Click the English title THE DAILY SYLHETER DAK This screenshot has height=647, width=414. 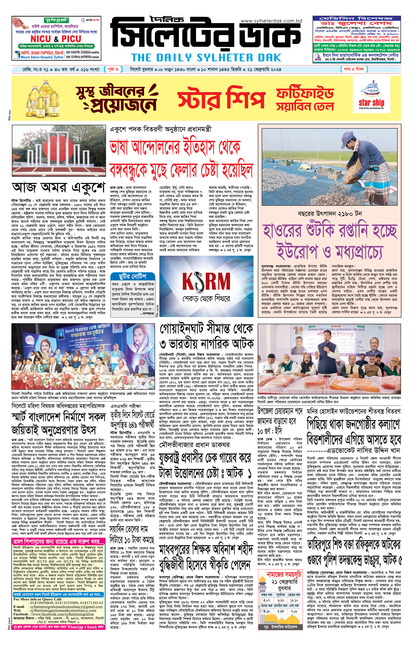[206, 58]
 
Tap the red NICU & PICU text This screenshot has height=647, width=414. [56, 39]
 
